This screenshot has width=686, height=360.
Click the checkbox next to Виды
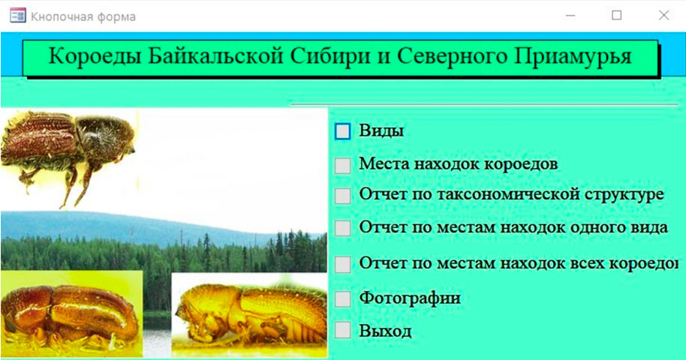tap(342, 131)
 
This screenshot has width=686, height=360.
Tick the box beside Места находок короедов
tap(342, 166)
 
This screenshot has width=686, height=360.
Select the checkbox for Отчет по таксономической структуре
tap(342, 196)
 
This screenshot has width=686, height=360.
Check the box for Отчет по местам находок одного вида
tap(342, 228)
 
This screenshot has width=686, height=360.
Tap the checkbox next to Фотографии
tap(342, 299)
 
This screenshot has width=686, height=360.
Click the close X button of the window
tap(663, 15)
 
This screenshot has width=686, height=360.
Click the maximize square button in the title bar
tap(616, 15)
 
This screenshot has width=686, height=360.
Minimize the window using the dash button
tap(570, 15)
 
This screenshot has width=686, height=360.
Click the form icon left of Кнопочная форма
tap(17, 16)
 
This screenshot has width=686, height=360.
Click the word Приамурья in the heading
tap(573, 57)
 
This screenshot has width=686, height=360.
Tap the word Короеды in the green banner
tap(95, 57)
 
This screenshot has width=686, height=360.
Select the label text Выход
tap(385, 331)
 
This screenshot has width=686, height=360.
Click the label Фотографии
tap(410, 298)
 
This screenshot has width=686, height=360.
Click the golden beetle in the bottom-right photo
tap(250, 316)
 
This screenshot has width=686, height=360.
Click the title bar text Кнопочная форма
tap(83, 16)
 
